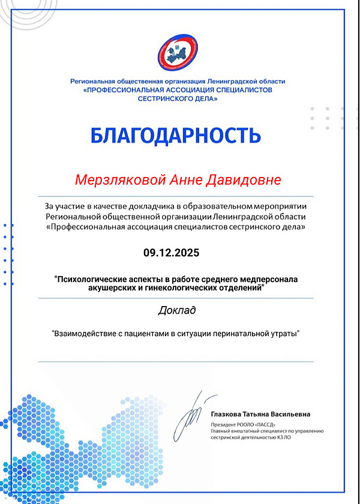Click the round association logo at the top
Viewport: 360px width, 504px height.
[178, 53]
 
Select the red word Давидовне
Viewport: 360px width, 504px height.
[247, 180]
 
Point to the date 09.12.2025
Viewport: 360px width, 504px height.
[171, 253]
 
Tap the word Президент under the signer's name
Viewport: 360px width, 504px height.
[224, 424]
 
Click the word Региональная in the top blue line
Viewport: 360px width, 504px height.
[91, 81]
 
